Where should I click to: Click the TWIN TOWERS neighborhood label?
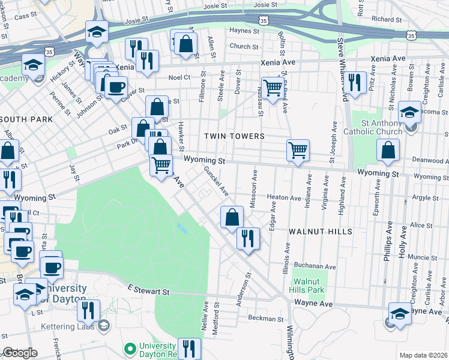click(x=234, y=136)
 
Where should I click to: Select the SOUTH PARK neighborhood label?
click(x=26, y=119)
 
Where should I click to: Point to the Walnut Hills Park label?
click(x=309, y=286)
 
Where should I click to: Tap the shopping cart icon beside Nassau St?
click(x=273, y=88)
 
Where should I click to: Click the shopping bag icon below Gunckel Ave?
click(x=232, y=217)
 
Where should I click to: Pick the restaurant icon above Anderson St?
click(x=248, y=238)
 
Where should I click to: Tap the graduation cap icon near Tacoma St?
click(x=409, y=112)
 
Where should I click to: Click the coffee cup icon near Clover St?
click(x=116, y=86)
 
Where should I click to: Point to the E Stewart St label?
click(x=149, y=291)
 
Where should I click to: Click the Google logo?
click(x=20, y=353)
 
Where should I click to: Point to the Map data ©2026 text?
click(x=423, y=355)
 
